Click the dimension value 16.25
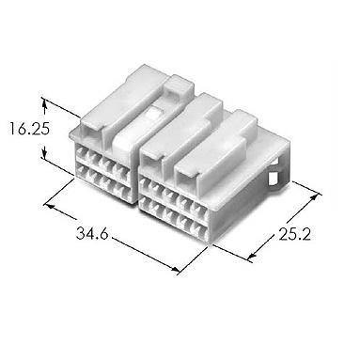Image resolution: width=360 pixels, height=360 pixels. (x=29, y=129)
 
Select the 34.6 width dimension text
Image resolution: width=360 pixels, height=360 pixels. (x=92, y=233)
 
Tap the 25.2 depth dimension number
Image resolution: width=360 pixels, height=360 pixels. (x=295, y=234)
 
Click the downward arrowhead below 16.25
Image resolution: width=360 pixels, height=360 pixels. (x=44, y=152)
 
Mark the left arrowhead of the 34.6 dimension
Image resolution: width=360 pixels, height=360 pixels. (x=50, y=207)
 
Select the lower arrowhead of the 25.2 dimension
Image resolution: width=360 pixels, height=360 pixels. (x=252, y=256)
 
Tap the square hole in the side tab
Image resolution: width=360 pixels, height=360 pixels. (x=273, y=179)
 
